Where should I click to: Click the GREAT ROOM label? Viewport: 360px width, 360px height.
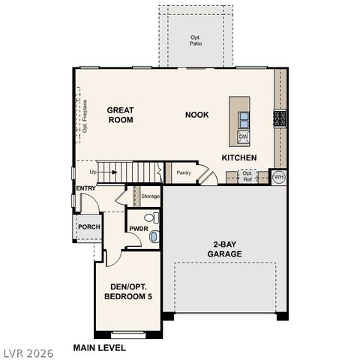pos(120,115)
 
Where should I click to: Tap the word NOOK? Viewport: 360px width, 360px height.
pos(197,115)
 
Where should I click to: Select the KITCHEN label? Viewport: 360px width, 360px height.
pos(239,157)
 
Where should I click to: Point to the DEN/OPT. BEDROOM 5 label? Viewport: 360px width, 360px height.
pos(127,292)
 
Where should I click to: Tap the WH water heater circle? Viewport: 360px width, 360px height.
pos(278,178)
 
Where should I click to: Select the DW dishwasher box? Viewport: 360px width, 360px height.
pos(244,136)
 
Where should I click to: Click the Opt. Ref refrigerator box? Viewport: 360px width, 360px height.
pos(247,177)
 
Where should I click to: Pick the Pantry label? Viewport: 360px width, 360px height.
pos(184,172)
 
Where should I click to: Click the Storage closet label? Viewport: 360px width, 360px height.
pos(151,196)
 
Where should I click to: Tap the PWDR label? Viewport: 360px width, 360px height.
pos(138,228)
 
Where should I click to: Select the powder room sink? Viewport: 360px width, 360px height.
pos(154,236)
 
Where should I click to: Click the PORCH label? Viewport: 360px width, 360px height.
pos(89,226)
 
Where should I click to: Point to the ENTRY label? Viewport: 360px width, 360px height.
pos(85,187)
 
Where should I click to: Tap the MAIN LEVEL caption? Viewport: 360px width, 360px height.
pos(99,347)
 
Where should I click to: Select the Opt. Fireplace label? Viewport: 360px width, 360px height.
pos(85,116)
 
